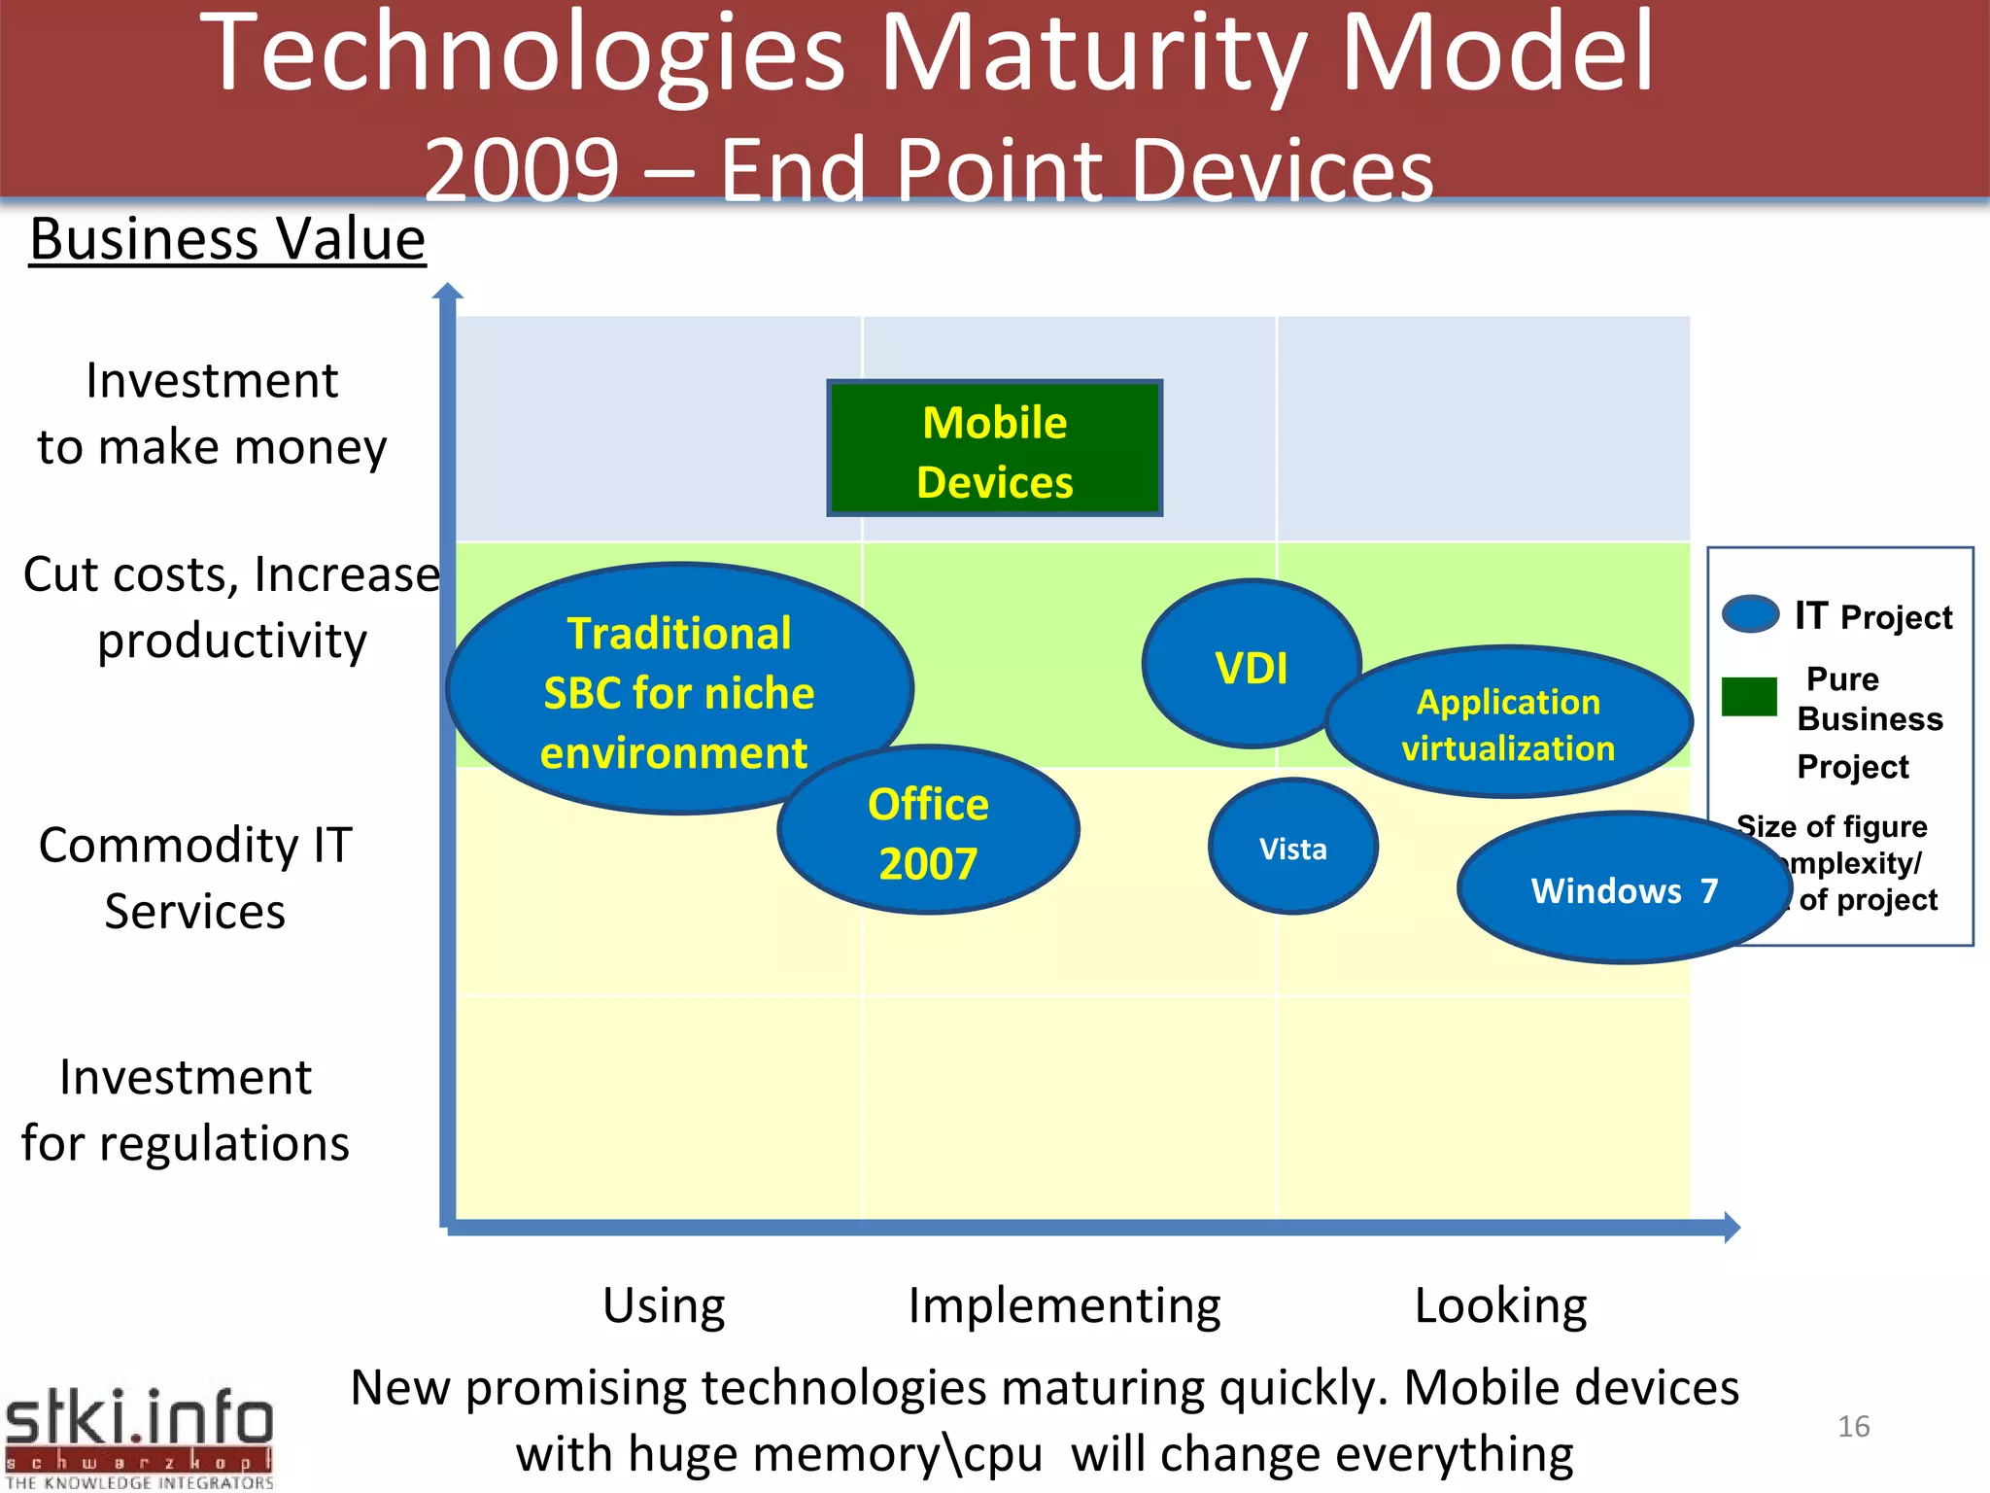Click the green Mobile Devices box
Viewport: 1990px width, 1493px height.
[994, 448]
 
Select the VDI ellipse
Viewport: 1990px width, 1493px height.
[1251, 665]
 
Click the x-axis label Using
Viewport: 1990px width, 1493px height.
[664, 1305]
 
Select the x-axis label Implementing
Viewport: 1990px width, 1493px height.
[1064, 1305]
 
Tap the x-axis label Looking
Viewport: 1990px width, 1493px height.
[1500, 1305]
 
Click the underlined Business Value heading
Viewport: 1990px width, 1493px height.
[227, 239]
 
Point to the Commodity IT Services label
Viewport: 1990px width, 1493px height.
[194, 878]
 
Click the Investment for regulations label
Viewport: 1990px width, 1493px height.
[185, 1110]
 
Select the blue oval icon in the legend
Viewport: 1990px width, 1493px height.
[1750, 614]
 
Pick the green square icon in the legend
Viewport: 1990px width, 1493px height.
[1749, 697]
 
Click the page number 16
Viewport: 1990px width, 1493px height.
[1853, 1426]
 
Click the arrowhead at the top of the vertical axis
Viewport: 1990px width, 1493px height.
[447, 291]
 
